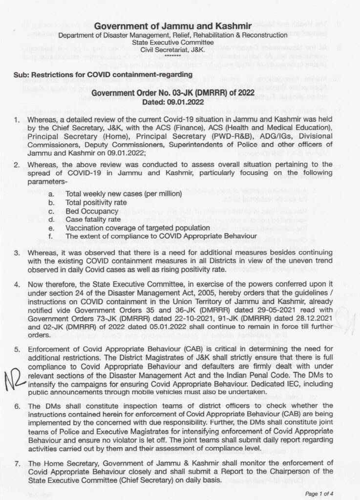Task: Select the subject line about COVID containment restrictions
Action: point(103,74)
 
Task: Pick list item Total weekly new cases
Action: point(124,194)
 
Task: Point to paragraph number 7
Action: point(17,463)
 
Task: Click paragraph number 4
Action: point(17,284)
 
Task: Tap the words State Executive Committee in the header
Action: point(173,42)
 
